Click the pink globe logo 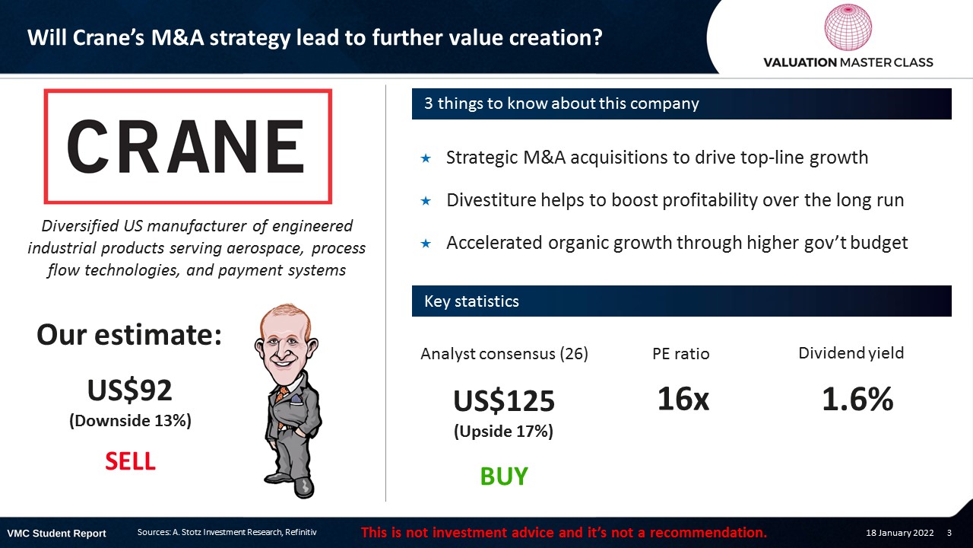click(x=848, y=27)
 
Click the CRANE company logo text click(x=185, y=147)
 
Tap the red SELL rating click(x=130, y=461)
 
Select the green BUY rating click(x=504, y=476)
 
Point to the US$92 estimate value click(x=130, y=390)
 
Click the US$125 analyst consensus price click(x=504, y=400)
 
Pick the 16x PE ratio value click(x=683, y=399)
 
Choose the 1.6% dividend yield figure click(x=857, y=399)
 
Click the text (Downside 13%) click(x=130, y=421)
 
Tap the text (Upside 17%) click(x=504, y=432)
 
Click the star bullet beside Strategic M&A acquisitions click(x=426, y=158)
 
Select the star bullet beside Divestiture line click(x=426, y=201)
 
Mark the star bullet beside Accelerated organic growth click(x=426, y=244)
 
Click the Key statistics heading click(x=471, y=301)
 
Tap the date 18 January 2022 click(x=899, y=533)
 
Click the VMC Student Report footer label click(x=56, y=534)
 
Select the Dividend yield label click(x=851, y=352)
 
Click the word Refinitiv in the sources click(x=300, y=532)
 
